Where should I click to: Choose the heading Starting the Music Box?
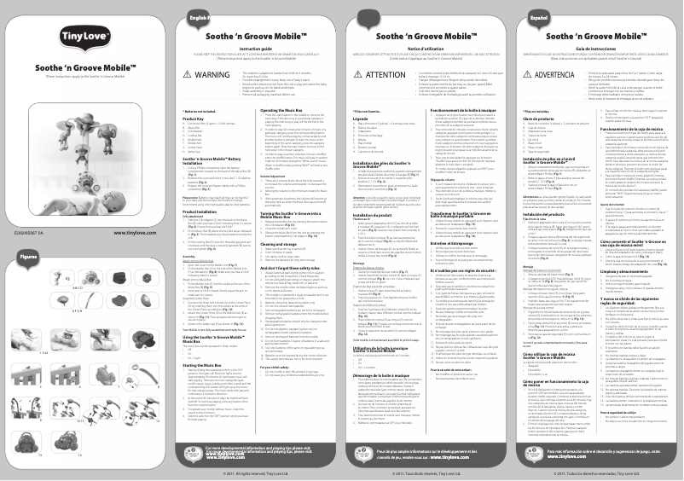[x=210, y=339]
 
